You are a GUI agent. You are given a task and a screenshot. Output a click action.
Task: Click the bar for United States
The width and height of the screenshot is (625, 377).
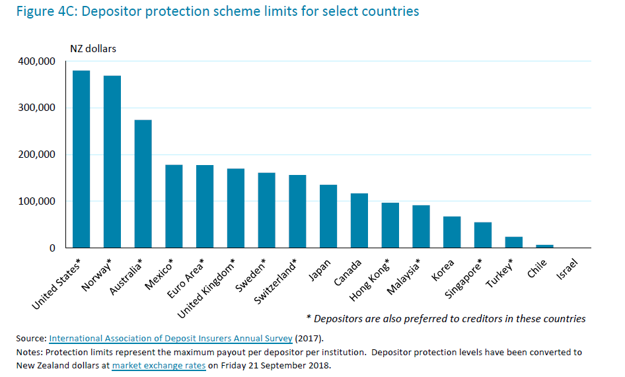click(x=81, y=159)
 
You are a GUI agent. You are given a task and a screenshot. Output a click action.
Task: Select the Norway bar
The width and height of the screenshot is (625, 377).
click(x=112, y=162)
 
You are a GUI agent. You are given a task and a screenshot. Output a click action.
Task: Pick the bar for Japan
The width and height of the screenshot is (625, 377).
click(x=328, y=216)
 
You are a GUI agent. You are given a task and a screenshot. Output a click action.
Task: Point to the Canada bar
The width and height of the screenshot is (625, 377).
click(x=359, y=221)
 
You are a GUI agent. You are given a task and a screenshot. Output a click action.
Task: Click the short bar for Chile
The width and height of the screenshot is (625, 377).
click(x=545, y=246)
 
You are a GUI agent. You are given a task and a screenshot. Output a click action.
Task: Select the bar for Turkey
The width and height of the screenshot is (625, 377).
click(x=514, y=242)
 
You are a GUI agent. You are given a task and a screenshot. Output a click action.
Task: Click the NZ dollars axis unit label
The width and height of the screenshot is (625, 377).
click(x=93, y=48)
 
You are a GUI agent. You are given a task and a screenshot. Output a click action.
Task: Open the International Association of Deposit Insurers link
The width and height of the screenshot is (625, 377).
click(x=170, y=339)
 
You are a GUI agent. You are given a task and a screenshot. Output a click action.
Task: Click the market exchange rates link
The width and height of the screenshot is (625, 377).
click(x=159, y=365)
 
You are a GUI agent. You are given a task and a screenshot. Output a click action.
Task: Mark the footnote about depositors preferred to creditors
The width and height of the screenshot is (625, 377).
click(x=446, y=319)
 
